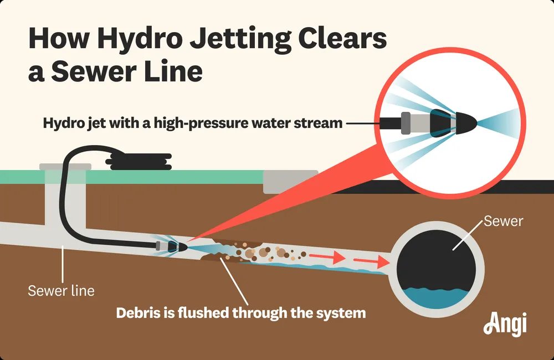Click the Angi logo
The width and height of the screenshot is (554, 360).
[x=504, y=324]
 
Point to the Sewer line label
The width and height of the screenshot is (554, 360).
[x=61, y=290]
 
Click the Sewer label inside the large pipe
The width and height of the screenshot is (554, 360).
[x=503, y=222]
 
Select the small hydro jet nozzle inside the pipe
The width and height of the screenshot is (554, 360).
[x=169, y=245]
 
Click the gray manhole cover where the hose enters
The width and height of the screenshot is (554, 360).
[x=65, y=166]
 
